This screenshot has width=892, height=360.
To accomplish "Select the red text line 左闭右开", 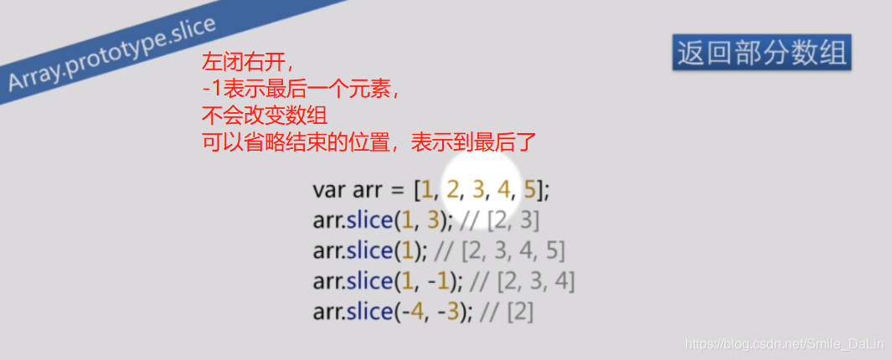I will (248, 64).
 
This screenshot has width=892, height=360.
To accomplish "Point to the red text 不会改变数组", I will (263, 115).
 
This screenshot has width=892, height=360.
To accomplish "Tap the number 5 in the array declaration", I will (529, 190).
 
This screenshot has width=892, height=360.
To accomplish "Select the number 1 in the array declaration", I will (428, 190).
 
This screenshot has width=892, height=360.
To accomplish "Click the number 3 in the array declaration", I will (478, 190).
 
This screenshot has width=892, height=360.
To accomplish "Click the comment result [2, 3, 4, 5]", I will (513, 251).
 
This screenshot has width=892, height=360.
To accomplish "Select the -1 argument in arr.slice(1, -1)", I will (443, 281).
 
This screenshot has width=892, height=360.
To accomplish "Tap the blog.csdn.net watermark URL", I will (784, 343).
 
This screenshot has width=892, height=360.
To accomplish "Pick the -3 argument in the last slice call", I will (452, 311).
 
